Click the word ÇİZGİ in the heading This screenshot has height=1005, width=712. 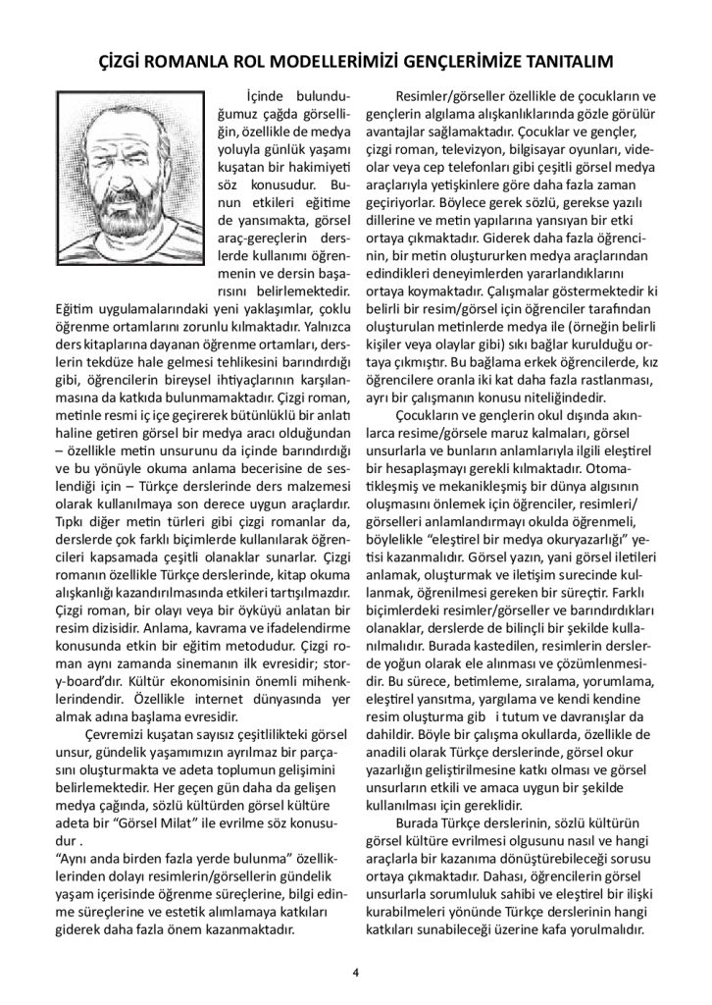coord(126,62)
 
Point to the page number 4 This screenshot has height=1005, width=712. coord(356,972)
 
